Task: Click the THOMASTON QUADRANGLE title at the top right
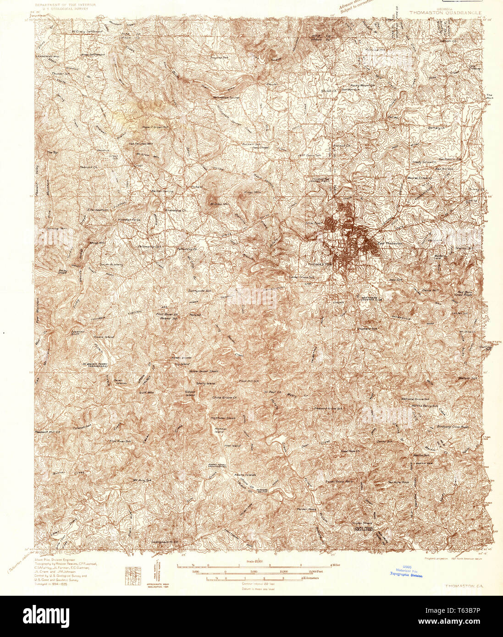(x=445, y=13)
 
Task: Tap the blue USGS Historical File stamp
(x=406, y=571)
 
